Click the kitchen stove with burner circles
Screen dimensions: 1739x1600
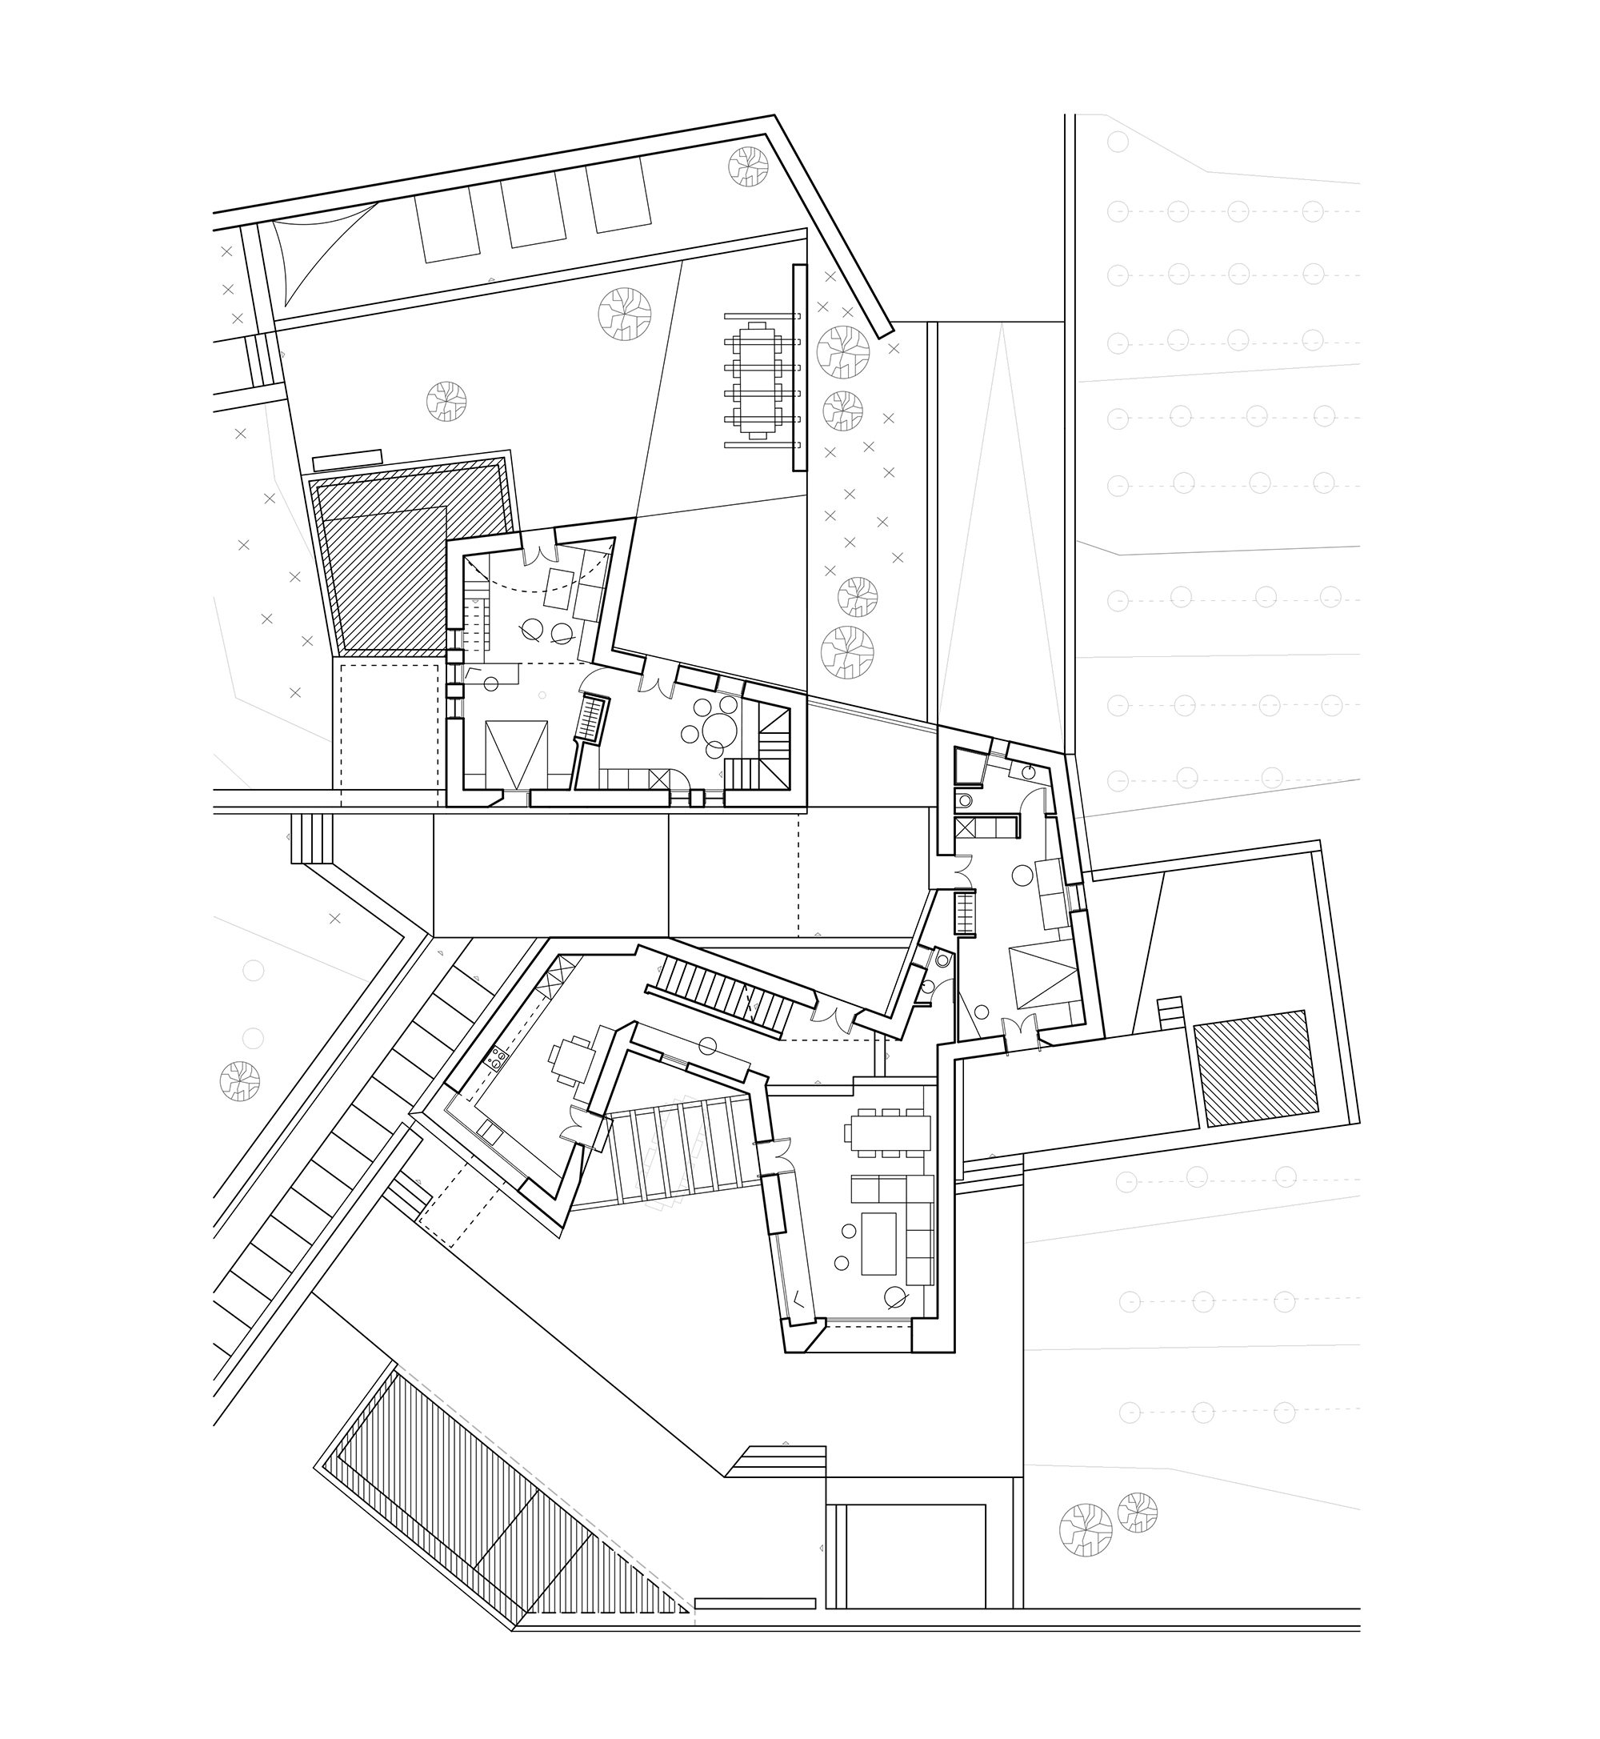(498, 1056)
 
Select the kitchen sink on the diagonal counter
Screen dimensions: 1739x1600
(490, 1129)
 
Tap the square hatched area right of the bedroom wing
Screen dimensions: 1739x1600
(1255, 1068)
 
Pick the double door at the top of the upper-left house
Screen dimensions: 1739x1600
(541, 551)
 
